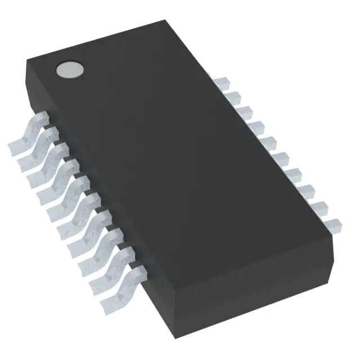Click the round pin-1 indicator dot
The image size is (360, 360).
click(69, 70)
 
